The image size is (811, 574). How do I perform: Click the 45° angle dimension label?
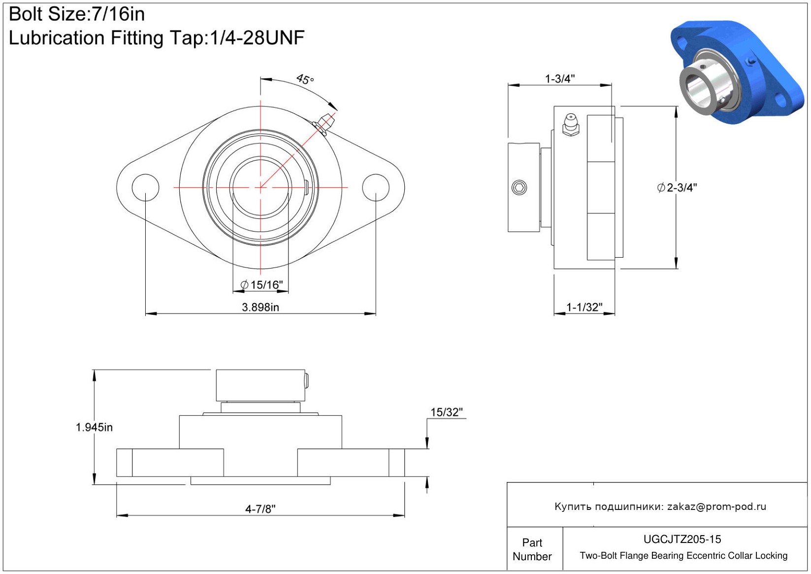[x=305, y=79]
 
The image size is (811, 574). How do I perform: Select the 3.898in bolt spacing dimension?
[x=260, y=307]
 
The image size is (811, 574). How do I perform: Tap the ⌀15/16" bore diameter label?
[x=261, y=285]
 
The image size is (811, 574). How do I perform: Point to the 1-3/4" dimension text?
[x=560, y=79]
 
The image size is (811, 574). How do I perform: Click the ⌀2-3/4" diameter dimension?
[x=677, y=188]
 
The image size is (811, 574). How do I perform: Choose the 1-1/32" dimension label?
[x=584, y=307]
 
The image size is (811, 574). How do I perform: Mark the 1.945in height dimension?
[x=94, y=428]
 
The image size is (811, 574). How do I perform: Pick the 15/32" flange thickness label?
[x=447, y=412]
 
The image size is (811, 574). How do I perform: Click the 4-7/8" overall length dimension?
[x=260, y=509]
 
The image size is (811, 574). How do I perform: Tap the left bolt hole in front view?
[x=146, y=187]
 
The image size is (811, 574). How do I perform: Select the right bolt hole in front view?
[x=376, y=187]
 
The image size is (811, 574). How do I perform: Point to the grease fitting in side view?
[x=571, y=125]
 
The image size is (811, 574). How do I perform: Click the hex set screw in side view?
[x=519, y=188]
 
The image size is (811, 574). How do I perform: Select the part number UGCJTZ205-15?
[x=682, y=539]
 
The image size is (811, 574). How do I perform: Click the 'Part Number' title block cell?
[x=532, y=549]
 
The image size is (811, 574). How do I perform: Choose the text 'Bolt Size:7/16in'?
[x=76, y=14]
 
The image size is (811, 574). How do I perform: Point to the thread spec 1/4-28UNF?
[x=257, y=37]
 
